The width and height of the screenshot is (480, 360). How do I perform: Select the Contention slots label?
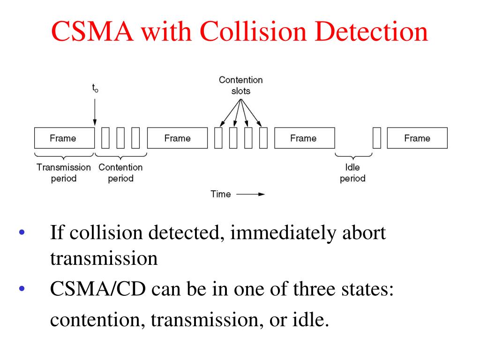coord(240,85)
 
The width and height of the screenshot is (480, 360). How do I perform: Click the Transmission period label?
coord(64,172)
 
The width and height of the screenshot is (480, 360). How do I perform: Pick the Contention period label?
coord(120,172)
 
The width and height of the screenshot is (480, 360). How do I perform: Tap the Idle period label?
coord(352,172)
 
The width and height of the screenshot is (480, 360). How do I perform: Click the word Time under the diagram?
coord(221,194)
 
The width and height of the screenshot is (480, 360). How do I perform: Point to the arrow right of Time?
coord(250,194)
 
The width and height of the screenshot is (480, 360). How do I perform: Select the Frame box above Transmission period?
coord(64,138)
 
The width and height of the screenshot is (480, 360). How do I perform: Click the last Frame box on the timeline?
coord(417,138)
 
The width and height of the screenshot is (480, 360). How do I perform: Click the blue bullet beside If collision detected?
coord(21,233)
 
